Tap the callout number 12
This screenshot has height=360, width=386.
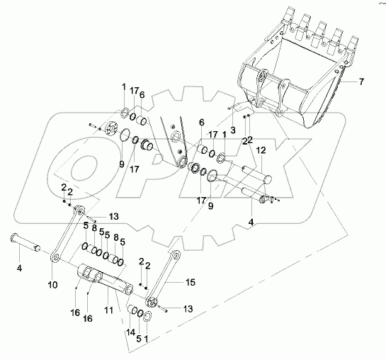[260, 150]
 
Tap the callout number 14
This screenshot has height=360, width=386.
[130, 332]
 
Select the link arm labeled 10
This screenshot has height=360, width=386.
[66, 237]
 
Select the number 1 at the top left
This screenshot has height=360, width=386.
[123, 87]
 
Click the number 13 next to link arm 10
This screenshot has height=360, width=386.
[114, 215]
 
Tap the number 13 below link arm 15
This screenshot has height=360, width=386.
[187, 310]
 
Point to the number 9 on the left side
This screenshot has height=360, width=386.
[121, 164]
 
